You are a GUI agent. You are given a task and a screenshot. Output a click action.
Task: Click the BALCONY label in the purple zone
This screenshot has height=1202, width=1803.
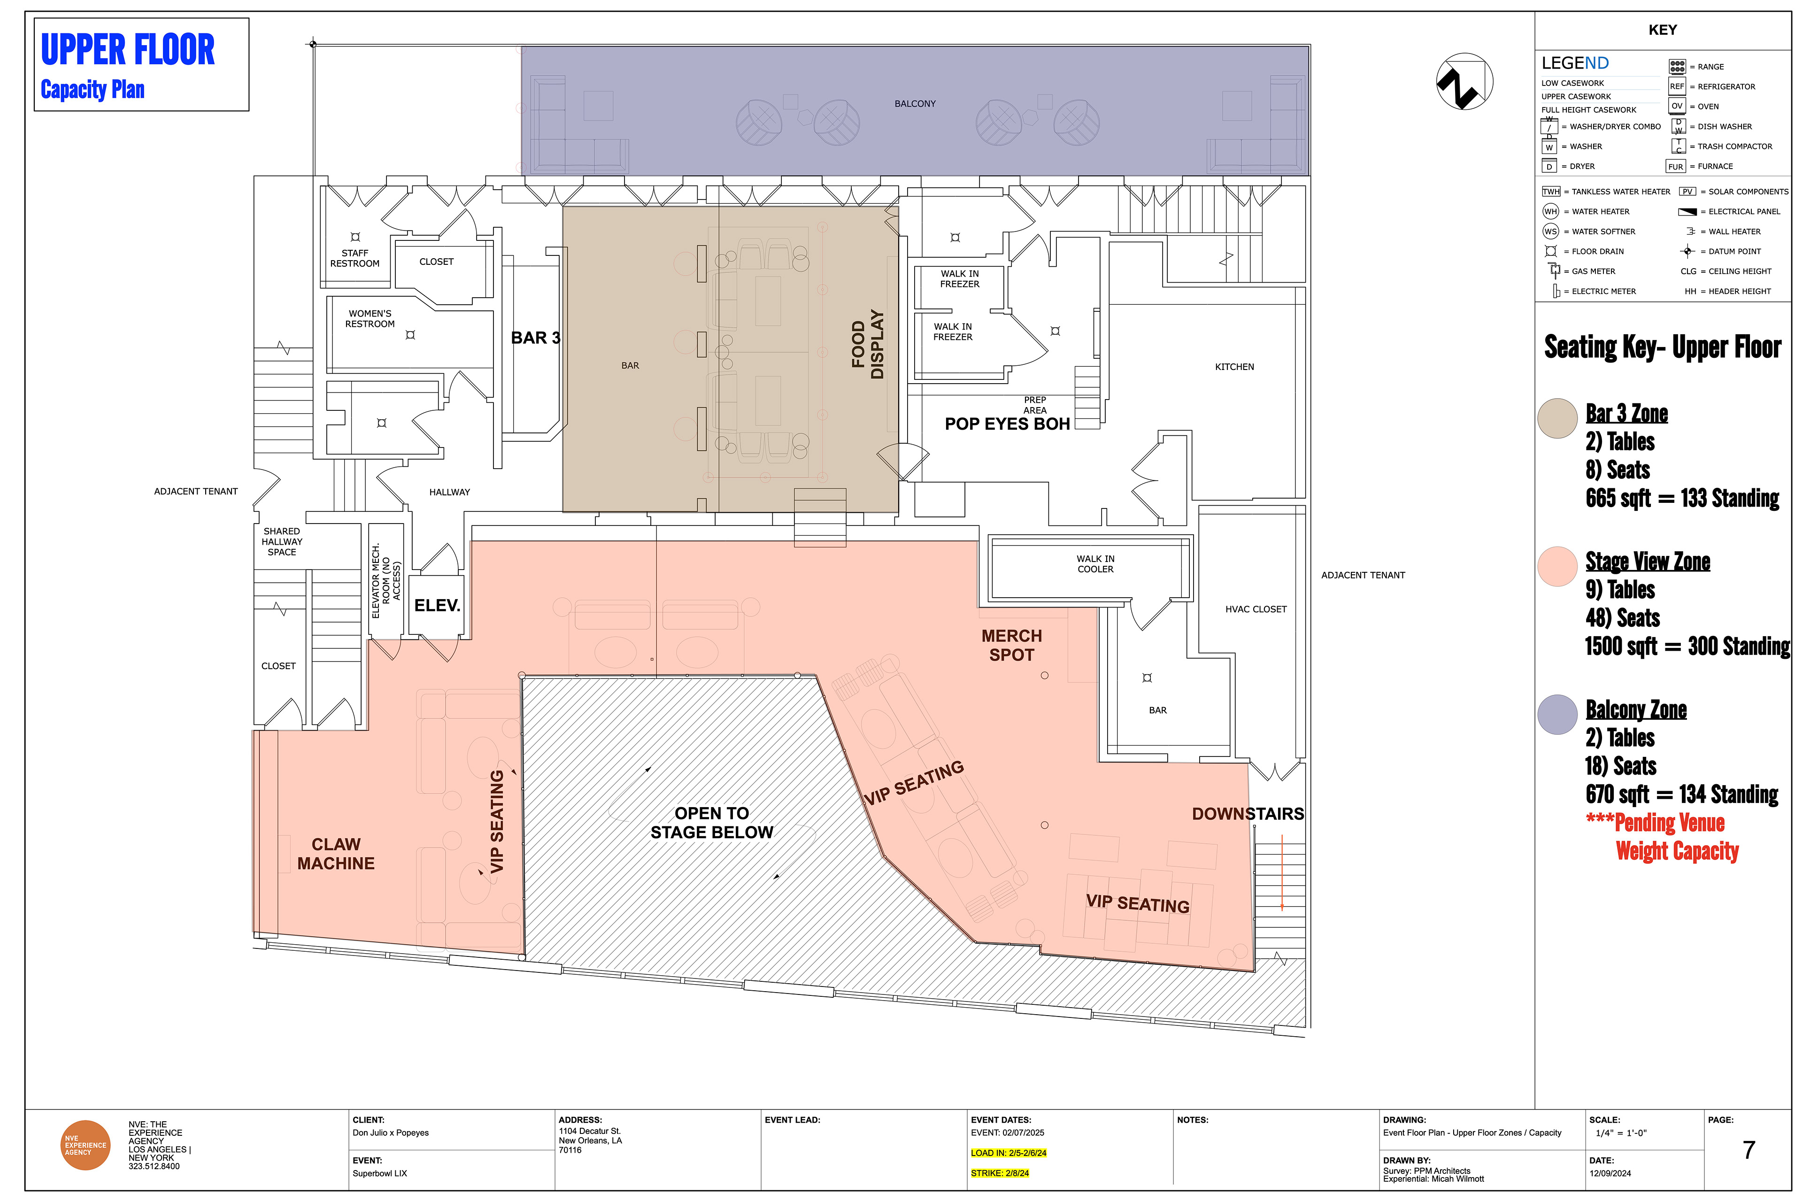coord(915,103)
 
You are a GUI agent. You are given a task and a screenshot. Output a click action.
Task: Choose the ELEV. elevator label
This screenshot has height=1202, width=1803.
coord(437,606)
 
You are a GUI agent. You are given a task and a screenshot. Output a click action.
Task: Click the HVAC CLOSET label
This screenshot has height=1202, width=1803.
coord(1256,609)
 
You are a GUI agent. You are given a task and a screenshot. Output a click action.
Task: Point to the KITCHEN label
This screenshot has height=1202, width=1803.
coord(1234,367)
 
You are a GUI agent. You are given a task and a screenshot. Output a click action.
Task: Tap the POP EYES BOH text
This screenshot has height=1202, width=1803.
coord(1007,424)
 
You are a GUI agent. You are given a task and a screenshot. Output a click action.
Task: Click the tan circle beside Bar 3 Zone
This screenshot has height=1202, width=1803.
coord(1557,418)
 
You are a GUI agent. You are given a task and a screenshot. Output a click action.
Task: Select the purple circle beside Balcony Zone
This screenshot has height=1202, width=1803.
coord(1557,715)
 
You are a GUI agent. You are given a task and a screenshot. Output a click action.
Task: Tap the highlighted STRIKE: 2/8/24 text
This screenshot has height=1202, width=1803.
coord(1000,1173)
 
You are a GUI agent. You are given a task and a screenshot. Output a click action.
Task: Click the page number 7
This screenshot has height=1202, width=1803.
coord(1749,1150)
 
